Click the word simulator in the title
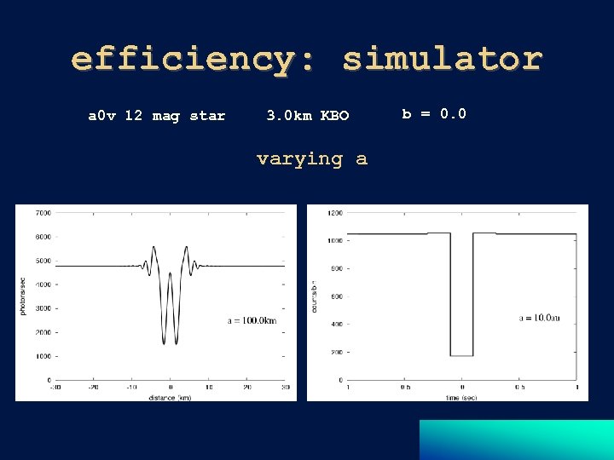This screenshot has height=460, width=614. (443, 60)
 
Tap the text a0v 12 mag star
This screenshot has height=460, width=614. (157, 116)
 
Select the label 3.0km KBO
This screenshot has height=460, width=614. (308, 116)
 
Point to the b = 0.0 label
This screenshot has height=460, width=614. (434, 113)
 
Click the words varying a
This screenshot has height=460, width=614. (312, 159)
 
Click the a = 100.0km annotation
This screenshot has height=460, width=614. (252, 320)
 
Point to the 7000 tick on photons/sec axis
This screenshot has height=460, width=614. (43, 213)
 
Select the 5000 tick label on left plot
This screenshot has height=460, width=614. (43, 261)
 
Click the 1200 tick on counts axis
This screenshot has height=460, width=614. (335, 213)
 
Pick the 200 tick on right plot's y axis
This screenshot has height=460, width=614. (337, 352)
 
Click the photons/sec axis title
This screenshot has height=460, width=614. (23, 296)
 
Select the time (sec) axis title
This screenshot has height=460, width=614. (461, 397)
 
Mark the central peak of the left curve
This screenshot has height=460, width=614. (170, 274)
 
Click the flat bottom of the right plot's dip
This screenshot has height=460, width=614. (461, 355)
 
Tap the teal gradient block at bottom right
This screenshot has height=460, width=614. (516, 440)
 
